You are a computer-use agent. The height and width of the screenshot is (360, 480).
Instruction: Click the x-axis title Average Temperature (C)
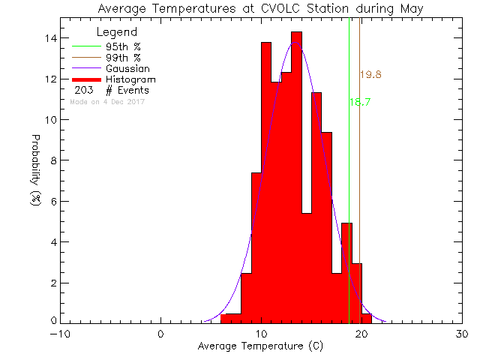[x=259, y=346]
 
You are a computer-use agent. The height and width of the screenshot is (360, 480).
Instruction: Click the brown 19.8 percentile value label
[x=371, y=75]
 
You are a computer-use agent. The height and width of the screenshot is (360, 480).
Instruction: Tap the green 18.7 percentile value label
[x=360, y=102]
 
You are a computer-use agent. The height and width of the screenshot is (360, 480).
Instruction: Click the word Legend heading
[x=117, y=33]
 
